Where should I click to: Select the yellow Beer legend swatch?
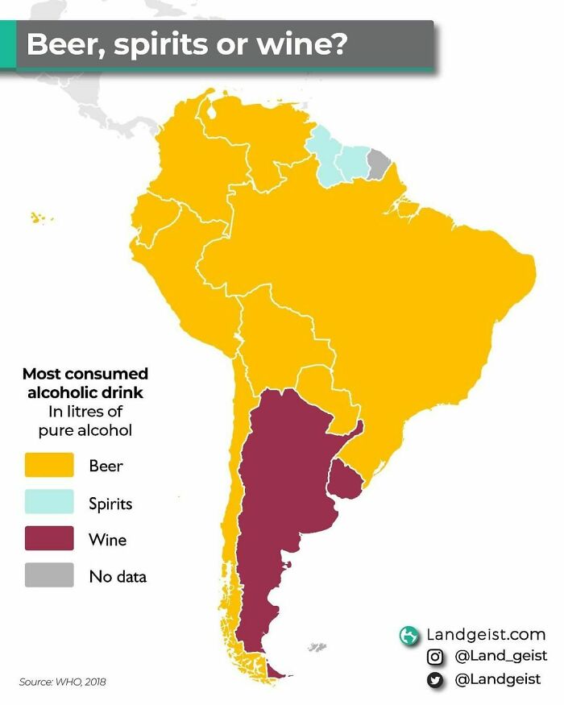tap(49, 465)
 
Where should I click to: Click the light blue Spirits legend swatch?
tap(49, 503)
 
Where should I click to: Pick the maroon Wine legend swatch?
tap(49, 539)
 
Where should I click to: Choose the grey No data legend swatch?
tap(49, 575)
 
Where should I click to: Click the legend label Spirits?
tap(110, 504)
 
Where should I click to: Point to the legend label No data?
tap(118, 576)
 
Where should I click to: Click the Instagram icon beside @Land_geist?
tap(436, 657)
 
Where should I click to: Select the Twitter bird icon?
tap(436, 680)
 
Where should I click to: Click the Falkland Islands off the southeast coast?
tap(317, 647)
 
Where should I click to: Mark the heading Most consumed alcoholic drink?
tap(85, 384)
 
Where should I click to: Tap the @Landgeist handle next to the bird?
tap(497, 680)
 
